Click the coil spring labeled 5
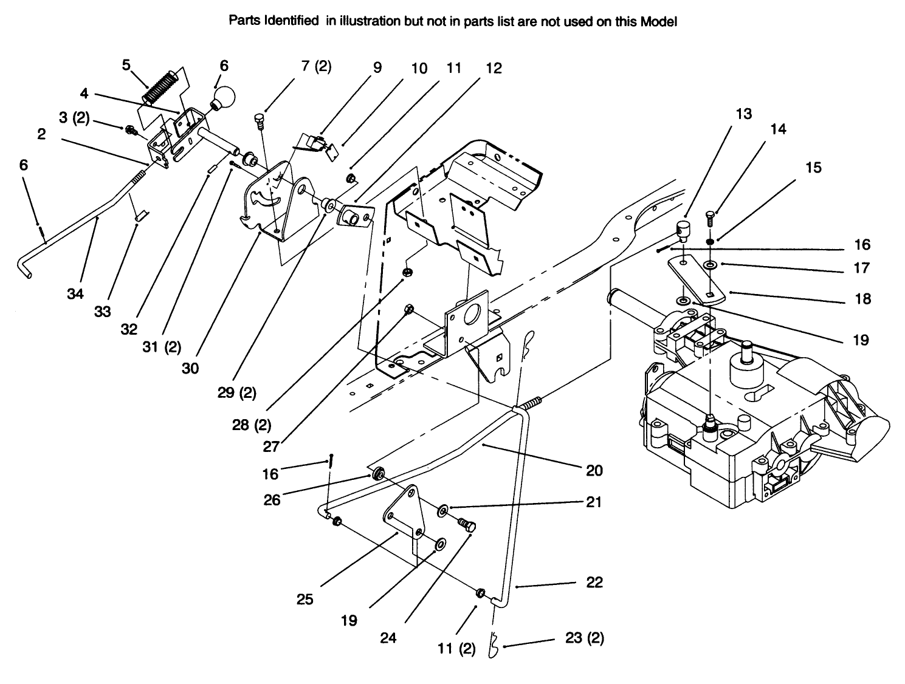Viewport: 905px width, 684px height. (159, 87)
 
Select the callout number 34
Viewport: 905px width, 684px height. (75, 294)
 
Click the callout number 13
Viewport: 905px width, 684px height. (743, 114)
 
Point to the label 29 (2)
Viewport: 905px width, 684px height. (236, 392)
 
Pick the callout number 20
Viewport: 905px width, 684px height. (594, 470)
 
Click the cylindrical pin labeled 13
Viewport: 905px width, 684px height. (684, 231)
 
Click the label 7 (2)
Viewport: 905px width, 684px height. (316, 66)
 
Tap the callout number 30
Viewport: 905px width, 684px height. (190, 368)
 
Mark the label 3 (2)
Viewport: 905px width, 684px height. (74, 118)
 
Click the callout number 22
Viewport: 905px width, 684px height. (594, 582)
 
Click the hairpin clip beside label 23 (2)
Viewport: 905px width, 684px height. (494, 647)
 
